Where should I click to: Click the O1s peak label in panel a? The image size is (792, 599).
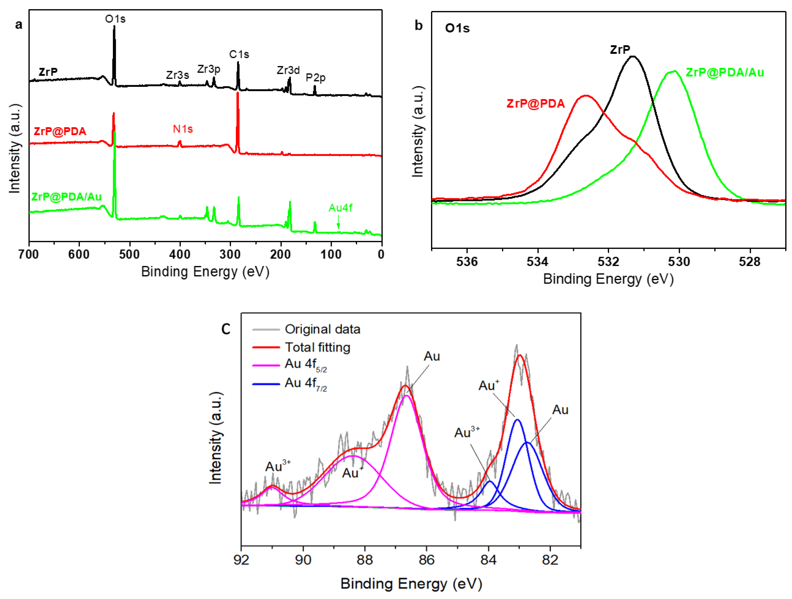pos(115,19)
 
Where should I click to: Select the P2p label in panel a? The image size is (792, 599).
pos(315,78)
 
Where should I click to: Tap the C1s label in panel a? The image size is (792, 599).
pos(239,54)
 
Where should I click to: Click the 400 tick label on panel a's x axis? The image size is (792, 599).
pos(180,255)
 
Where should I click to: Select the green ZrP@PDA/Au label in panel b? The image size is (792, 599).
pos(724,73)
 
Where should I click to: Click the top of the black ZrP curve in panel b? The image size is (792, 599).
pos(633,57)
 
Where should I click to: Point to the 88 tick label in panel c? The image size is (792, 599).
pos(365,560)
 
